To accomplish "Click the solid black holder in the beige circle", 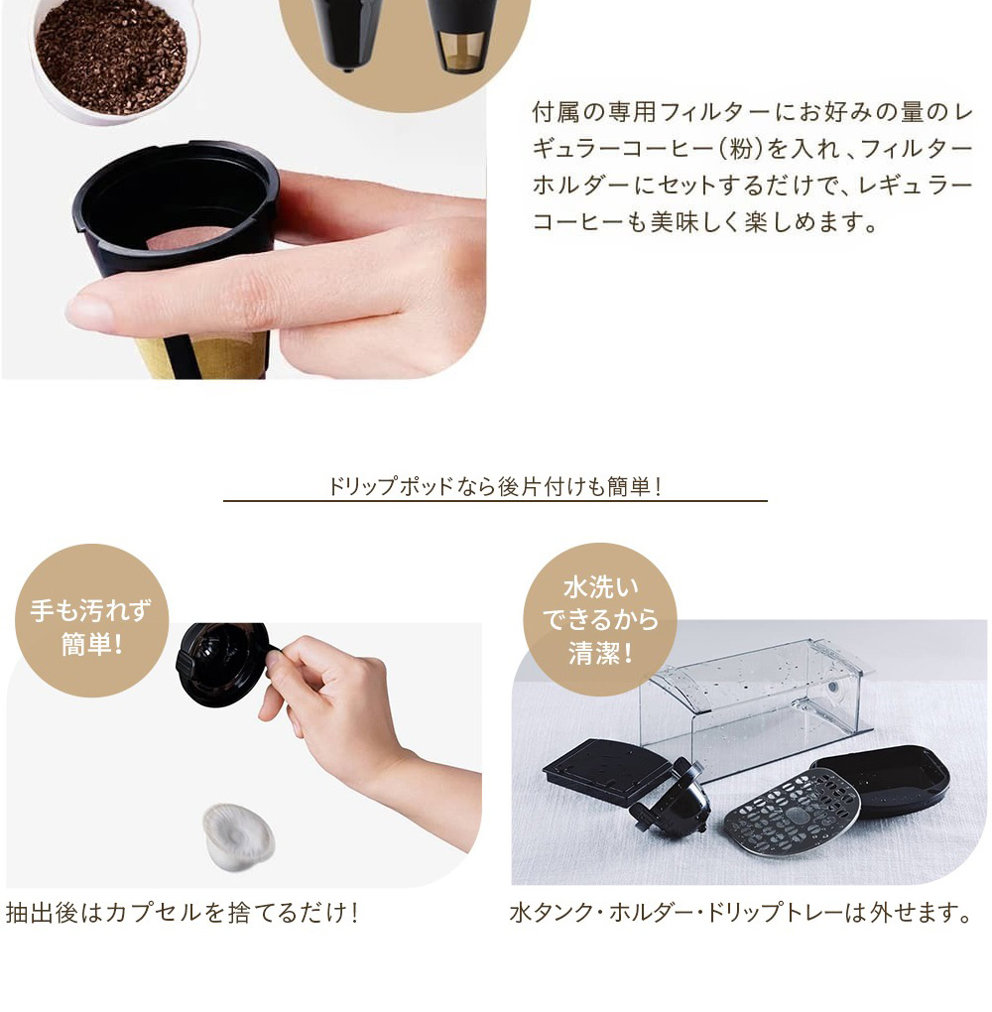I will pyautogui.click(x=343, y=30).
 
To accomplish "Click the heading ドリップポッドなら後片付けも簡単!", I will pyautogui.click(x=495, y=486).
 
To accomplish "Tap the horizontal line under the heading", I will pyautogui.click(x=495, y=501).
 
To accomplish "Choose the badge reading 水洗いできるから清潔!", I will pyautogui.click(x=599, y=618).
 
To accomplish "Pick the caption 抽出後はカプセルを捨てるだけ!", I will pyautogui.click(x=182, y=913).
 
